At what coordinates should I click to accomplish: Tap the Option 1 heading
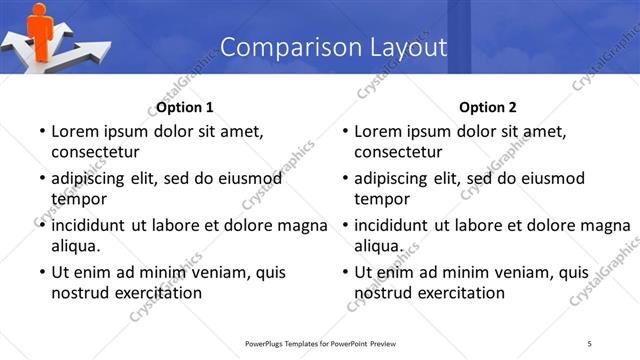(185, 107)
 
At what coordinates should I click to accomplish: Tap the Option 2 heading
(488, 107)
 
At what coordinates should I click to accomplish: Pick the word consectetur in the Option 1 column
(96, 152)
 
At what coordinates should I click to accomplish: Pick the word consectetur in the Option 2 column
(399, 152)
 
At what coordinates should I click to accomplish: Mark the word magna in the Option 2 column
(607, 225)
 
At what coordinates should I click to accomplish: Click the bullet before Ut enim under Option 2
(343, 272)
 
